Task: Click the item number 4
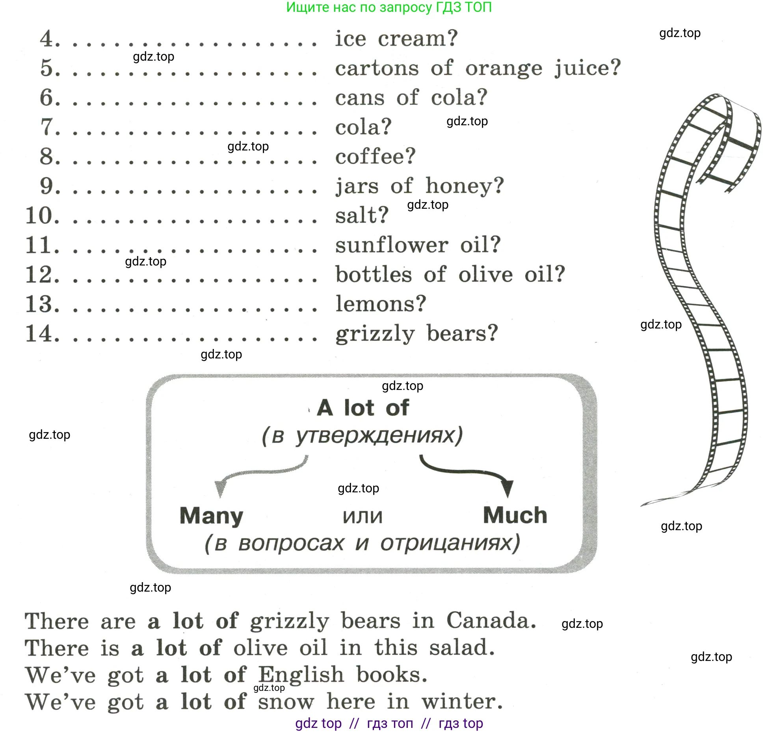click(49, 39)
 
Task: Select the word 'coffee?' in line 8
click(375, 157)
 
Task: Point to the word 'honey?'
click(465, 186)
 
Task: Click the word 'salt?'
click(362, 216)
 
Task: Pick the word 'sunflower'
click(391, 245)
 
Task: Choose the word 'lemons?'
click(381, 304)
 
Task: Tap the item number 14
click(42, 334)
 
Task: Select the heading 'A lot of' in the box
click(363, 408)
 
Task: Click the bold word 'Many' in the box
click(211, 516)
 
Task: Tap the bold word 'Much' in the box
click(515, 515)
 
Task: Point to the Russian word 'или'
click(363, 516)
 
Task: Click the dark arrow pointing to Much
click(473, 473)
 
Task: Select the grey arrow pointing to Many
click(256, 473)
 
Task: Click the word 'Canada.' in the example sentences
click(491, 621)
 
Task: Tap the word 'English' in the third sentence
click(301, 675)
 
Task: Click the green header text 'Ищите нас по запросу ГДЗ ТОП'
click(389, 7)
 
